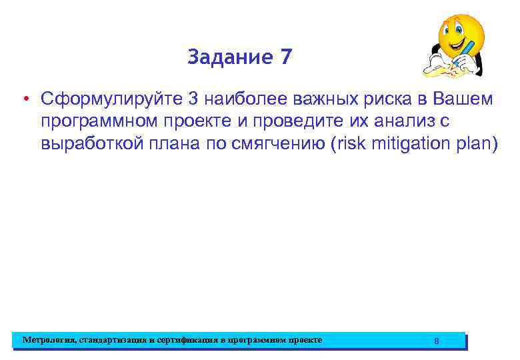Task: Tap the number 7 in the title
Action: (x=285, y=58)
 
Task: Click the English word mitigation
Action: (x=404, y=145)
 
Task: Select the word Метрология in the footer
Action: (x=49, y=340)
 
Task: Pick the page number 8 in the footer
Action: (x=437, y=341)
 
